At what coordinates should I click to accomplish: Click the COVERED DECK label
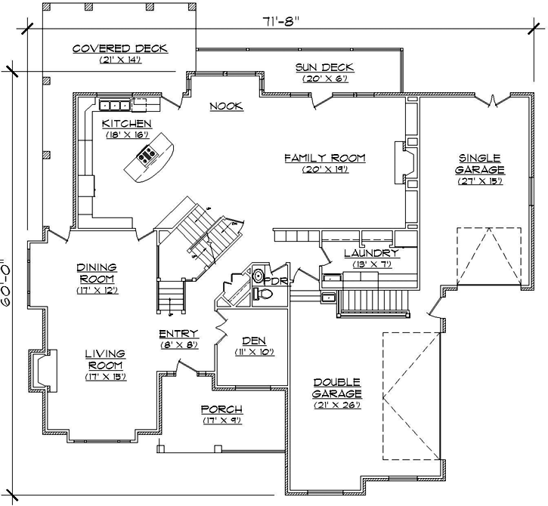pos(119,49)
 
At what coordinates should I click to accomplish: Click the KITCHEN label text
pos(126,123)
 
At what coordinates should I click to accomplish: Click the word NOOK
pos(226,106)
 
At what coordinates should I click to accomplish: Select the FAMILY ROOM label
pos(324,158)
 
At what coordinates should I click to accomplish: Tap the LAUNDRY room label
pos(370,253)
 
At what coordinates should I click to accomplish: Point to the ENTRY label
pos(178,333)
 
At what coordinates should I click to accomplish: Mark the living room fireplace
pos(42,370)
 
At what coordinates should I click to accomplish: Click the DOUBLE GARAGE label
pos(337,387)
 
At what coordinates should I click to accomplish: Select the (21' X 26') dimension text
pos(337,406)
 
